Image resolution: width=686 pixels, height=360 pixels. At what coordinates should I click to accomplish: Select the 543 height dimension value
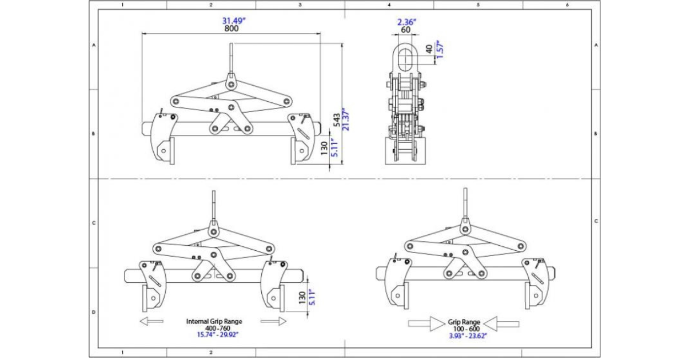tap(337, 119)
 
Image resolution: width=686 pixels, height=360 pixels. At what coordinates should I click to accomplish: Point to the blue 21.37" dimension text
tap(345, 119)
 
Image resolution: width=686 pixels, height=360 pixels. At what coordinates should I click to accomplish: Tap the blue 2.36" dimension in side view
tap(407, 22)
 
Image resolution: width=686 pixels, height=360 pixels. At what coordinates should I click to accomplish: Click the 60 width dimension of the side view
tap(406, 30)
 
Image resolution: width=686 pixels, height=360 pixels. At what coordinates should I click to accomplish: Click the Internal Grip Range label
tap(214, 321)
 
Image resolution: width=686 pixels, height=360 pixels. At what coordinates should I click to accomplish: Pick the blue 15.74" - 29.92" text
tap(214, 334)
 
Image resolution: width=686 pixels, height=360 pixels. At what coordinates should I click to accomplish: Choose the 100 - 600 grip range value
tap(464, 329)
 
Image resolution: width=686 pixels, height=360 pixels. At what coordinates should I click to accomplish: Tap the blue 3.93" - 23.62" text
tap(464, 336)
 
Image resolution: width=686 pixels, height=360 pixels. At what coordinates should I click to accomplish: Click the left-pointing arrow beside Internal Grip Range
tap(151, 322)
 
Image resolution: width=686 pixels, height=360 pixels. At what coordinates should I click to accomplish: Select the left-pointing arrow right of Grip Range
tap(501, 323)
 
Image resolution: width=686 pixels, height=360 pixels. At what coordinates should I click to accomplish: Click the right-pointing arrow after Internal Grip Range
tap(273, 322)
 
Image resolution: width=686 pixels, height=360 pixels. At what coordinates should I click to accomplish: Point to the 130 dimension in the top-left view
tap(325, 149)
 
